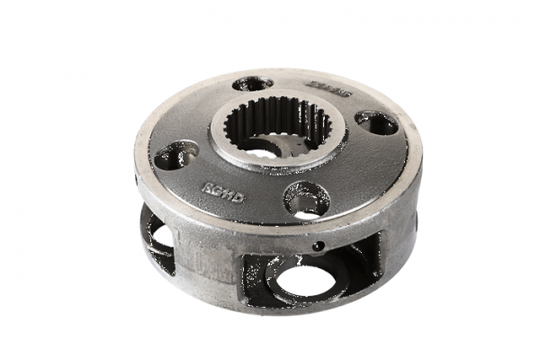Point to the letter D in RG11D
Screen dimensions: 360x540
(238, 195)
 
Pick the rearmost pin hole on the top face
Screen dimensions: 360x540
(252, 84)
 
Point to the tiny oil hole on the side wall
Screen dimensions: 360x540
(317, 245)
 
